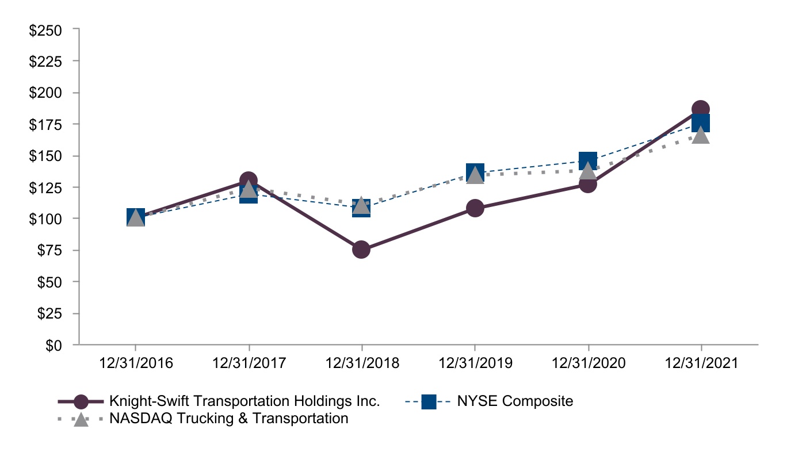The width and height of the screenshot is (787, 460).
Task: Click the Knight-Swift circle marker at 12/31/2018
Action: (361, 249)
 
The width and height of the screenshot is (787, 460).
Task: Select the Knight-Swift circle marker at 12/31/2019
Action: (475, 208)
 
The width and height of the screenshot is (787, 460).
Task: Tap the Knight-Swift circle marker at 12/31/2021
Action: (700, 109)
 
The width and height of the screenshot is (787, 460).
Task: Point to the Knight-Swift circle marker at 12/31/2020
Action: (587, 184)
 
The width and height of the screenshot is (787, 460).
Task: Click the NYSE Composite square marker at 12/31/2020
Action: (587, 160)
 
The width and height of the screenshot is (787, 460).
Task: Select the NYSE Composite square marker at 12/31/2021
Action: (700, 123)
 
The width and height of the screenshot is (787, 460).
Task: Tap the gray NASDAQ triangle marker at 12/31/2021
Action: (700, 135)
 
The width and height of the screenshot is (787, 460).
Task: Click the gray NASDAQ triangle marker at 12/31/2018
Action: (361, 205)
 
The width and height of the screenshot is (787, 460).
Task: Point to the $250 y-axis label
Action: (45, 30)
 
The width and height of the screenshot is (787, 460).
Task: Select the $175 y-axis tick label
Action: (45, 125)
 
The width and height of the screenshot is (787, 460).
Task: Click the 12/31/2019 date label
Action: (475, 364)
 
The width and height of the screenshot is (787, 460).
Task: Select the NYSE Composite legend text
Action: (515, 401)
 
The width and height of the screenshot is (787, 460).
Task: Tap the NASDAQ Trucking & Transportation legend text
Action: (228, 419)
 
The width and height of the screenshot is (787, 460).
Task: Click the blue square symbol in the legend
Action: (429, 401)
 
